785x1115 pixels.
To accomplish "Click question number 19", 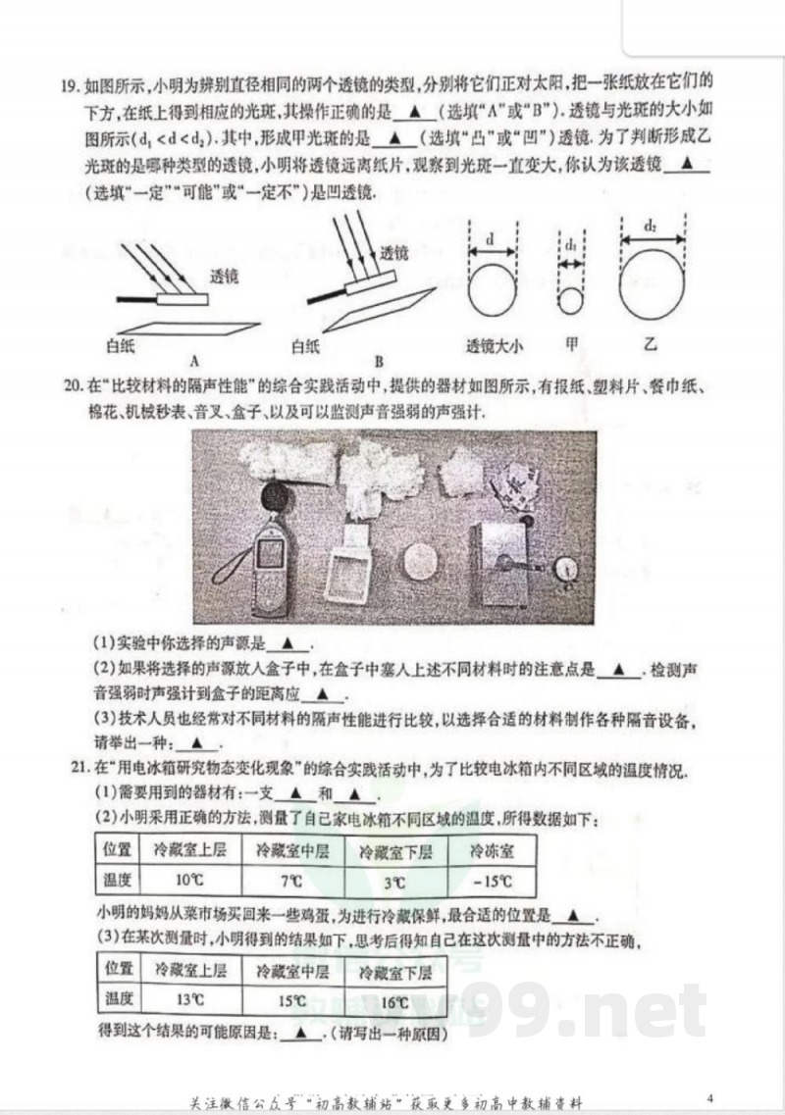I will click(68, 85).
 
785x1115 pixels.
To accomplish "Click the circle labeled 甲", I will click(571, 300).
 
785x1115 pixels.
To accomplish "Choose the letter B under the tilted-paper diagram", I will click(378, 360).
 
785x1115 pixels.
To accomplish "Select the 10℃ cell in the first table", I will click(189, 881).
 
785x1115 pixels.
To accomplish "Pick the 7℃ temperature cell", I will click(289, 881).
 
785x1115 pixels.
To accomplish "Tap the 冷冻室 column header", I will click(490, 850).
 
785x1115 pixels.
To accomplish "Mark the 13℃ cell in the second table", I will click(189, 1000).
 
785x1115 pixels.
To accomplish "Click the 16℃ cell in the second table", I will click(392, 1000).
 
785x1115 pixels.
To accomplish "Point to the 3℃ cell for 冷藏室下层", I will click(393, 881).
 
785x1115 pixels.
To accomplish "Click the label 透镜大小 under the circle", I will click(496, 345).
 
